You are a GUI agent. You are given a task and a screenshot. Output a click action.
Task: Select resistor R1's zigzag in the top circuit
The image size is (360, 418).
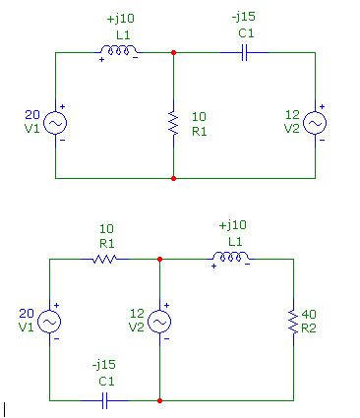(173, 123)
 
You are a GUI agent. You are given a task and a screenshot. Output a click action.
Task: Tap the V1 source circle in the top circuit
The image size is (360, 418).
(55, 122)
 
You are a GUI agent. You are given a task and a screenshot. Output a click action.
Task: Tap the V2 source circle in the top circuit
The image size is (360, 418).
(315, 122)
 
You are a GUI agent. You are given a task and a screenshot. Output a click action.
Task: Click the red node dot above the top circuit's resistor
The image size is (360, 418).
(173, 52)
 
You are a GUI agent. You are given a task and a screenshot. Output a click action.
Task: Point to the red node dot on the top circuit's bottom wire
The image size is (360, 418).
(173, 179)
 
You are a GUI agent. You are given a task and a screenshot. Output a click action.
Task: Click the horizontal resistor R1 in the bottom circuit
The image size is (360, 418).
(105, 259)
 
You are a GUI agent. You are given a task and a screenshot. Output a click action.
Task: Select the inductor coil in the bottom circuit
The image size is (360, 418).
(230, 259)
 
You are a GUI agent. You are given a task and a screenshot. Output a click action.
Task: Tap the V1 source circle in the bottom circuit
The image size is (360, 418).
(48, 321)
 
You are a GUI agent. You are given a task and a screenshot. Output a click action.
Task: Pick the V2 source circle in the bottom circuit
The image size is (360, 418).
(158, 321)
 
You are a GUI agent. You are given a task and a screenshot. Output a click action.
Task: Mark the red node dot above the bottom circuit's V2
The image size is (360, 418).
(158, 259)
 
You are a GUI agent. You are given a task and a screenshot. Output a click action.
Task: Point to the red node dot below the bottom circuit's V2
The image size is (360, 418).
(158, 400)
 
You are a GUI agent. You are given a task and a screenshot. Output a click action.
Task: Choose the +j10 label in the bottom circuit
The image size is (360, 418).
(234, 225)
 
